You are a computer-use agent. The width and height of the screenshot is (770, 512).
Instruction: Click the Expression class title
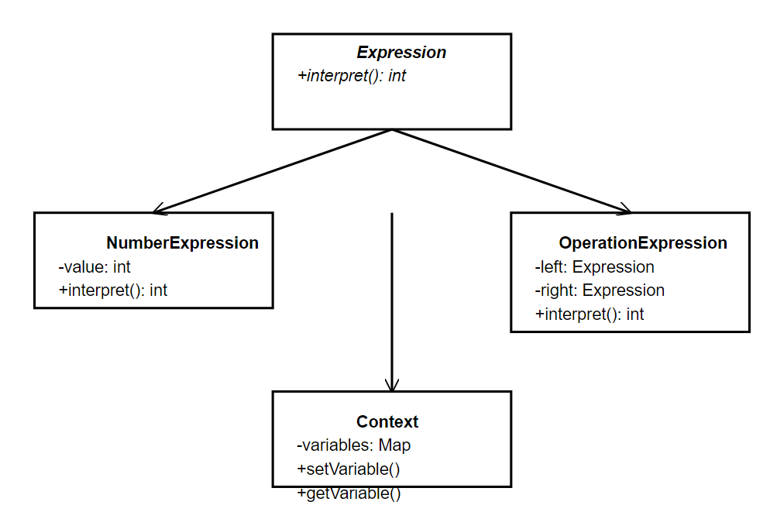click(401, 53)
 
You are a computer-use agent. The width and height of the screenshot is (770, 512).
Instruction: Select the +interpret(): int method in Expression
click(352, 76)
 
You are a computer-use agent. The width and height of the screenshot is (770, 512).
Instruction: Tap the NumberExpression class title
click(182, 243)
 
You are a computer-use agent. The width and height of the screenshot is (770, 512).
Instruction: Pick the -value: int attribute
click(95, 267)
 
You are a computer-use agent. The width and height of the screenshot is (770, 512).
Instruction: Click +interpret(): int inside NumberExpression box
click(113, 290)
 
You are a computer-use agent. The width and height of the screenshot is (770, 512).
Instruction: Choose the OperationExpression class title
click(643, 243)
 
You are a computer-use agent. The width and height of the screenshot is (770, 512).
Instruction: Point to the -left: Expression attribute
click(594, 267)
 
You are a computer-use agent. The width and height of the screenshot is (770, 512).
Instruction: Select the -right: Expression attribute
click(600, 290)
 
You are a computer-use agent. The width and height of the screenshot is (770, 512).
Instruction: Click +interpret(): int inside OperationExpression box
click(590, 314)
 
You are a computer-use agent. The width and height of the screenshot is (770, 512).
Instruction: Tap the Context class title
click(387, 421)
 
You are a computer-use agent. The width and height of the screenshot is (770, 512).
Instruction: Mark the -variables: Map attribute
click(354, 445)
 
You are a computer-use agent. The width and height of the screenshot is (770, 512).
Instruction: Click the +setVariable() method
click(349, 469)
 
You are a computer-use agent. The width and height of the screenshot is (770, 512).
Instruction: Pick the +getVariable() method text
click(349, 493)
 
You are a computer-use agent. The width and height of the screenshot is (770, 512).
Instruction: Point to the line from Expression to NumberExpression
click(275, 170)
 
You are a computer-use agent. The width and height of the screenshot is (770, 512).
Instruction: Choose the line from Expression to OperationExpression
click(511, 170)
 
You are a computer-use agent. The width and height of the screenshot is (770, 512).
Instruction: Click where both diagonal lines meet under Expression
click(392, 130)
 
